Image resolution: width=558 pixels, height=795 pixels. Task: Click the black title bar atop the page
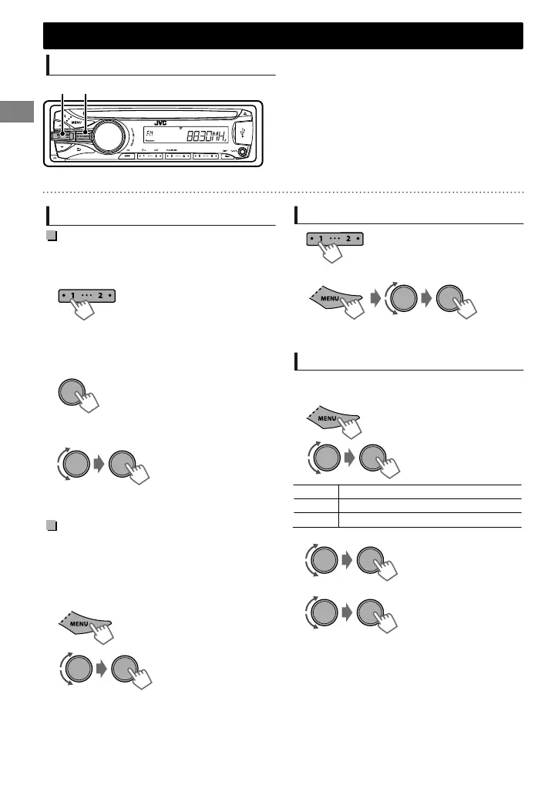(283, 35)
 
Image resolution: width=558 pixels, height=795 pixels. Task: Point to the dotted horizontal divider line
(283, 191)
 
